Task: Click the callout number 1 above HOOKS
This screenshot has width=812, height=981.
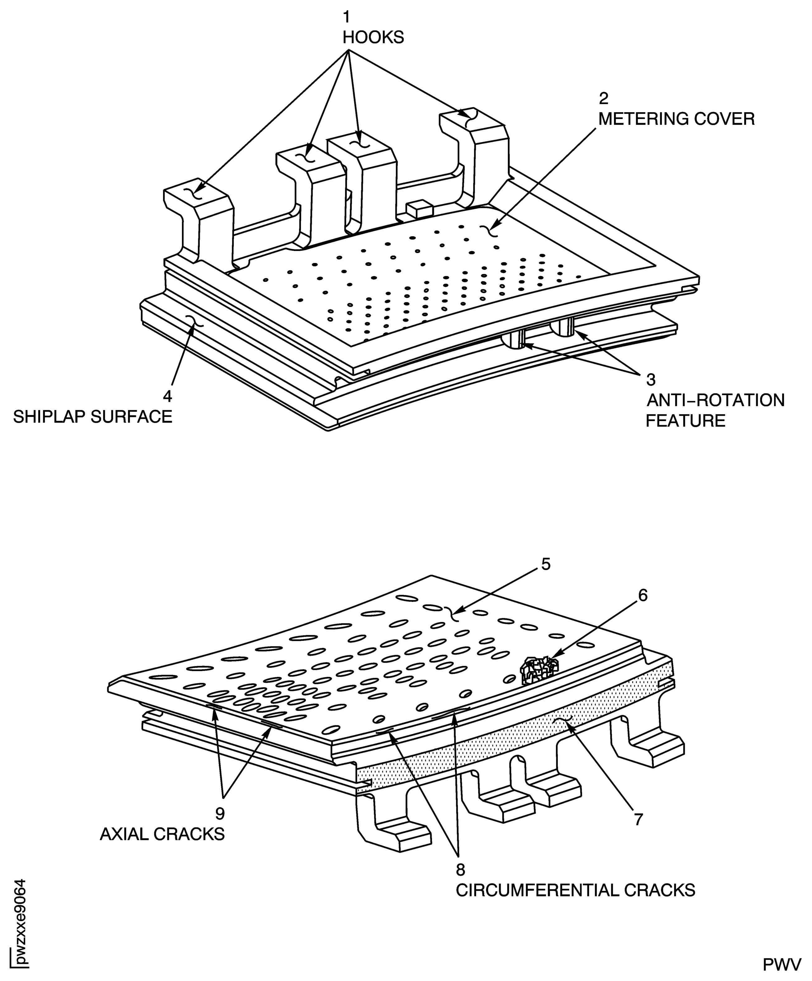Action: [346, 17]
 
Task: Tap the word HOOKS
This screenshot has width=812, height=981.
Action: [373, 37]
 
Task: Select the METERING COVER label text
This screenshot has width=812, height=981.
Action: [676, 119]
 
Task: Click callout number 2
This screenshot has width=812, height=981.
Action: [603, 99]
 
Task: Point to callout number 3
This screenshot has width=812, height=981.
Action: [651, 380]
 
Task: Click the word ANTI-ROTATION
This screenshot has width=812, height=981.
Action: [715, 400]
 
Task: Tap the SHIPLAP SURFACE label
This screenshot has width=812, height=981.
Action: [92, 416]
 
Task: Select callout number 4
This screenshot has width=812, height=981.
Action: [167, 396]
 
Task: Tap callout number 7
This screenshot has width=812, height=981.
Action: [639, 819]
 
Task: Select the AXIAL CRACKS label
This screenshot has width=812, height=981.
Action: [162, 834]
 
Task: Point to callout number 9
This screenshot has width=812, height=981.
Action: [220, 813]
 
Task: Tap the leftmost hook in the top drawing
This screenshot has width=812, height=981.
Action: [199, 220]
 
